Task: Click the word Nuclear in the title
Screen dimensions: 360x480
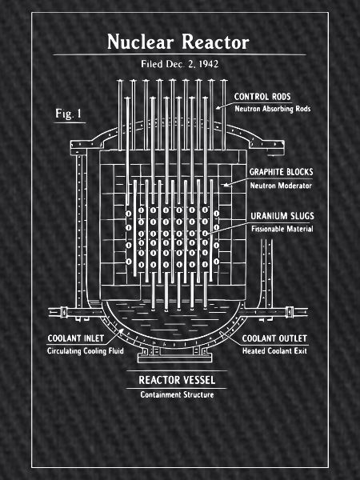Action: (141, 42)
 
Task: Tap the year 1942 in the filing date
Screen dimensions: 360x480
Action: (209, 64)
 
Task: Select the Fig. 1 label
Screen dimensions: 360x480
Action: (69, 114)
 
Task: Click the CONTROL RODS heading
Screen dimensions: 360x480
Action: (262, 97)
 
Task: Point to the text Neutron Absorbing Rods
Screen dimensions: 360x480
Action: (273, 109)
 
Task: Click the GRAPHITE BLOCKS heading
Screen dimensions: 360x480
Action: (282, 172)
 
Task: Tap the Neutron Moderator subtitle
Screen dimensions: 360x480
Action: (281, 186)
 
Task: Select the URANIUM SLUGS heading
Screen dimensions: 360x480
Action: (282, 216)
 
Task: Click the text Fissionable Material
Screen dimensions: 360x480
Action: (282, 229)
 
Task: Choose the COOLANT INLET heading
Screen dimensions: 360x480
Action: (76, 338)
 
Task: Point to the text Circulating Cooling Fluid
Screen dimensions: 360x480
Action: (86, 351)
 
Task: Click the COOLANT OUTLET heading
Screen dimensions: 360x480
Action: (274, 338)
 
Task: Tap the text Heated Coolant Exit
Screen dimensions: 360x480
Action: (274, 351)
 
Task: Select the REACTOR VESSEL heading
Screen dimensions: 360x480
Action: (177, 380)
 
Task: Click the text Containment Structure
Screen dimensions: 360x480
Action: (177, 394)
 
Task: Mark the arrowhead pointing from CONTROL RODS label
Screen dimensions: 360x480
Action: (218, 107)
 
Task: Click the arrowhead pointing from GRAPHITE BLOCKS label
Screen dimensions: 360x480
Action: (226, 185)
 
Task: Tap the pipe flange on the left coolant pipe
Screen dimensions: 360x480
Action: (64, 312)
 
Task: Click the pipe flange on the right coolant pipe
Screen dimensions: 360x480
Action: (289, 312)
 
